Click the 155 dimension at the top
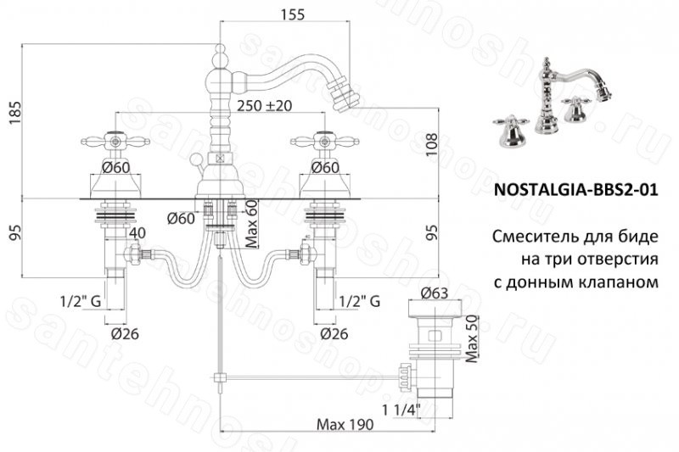click(x=292, y=14)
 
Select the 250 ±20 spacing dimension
click(x=265, y=105)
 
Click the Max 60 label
click(x=251, y=224)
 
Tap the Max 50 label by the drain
click(x=471, y=338)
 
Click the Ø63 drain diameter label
click(x=435, y=293)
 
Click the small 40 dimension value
click(x=137, y=232)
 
